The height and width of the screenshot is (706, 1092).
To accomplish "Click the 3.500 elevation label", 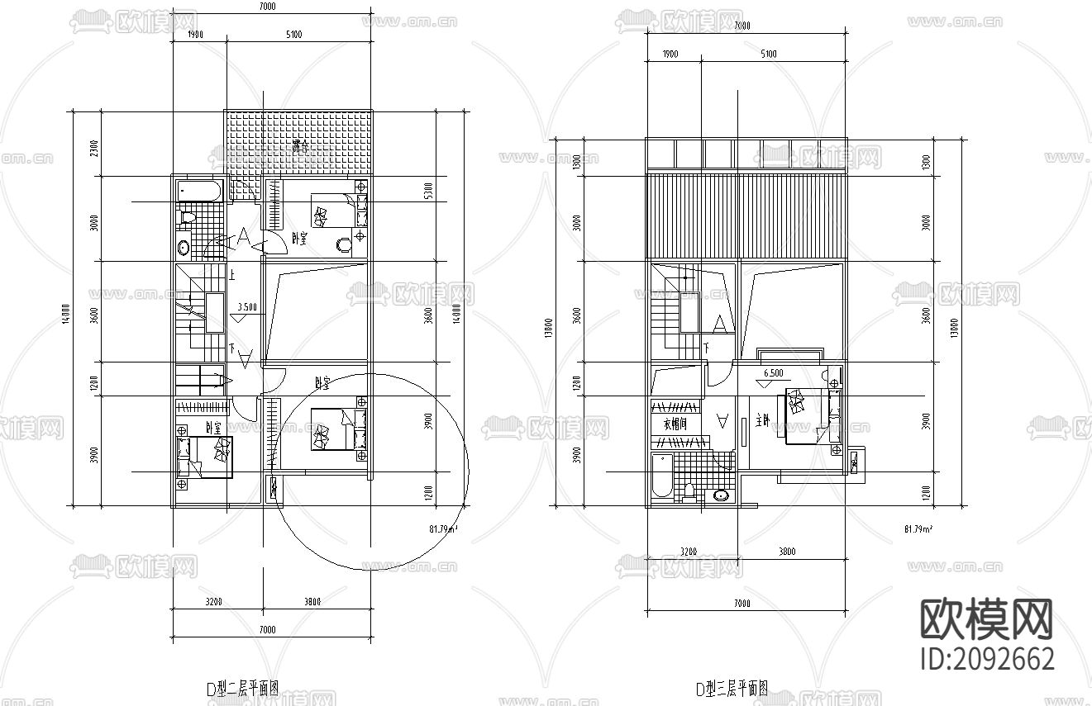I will tap(246, 306).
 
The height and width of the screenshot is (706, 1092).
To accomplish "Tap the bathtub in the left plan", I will tap(199, 192).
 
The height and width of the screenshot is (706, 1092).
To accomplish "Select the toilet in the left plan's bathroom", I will tap(187, 218).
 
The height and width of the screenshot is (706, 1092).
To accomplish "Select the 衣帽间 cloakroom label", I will tap(675, 424).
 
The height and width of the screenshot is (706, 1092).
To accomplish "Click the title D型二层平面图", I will tap(242, 688).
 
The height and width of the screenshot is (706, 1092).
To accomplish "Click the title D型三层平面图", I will tap(732, 688).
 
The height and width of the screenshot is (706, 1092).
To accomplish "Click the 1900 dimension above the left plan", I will tap(196, 34).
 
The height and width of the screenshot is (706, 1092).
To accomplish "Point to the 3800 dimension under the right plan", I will tap(787, 552).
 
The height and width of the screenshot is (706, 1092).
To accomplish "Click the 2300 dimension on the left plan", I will tap(94, 149).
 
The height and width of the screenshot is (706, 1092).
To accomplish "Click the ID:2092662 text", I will tap(987, 660).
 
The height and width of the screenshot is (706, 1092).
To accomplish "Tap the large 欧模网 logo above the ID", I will tap(987, 619).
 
